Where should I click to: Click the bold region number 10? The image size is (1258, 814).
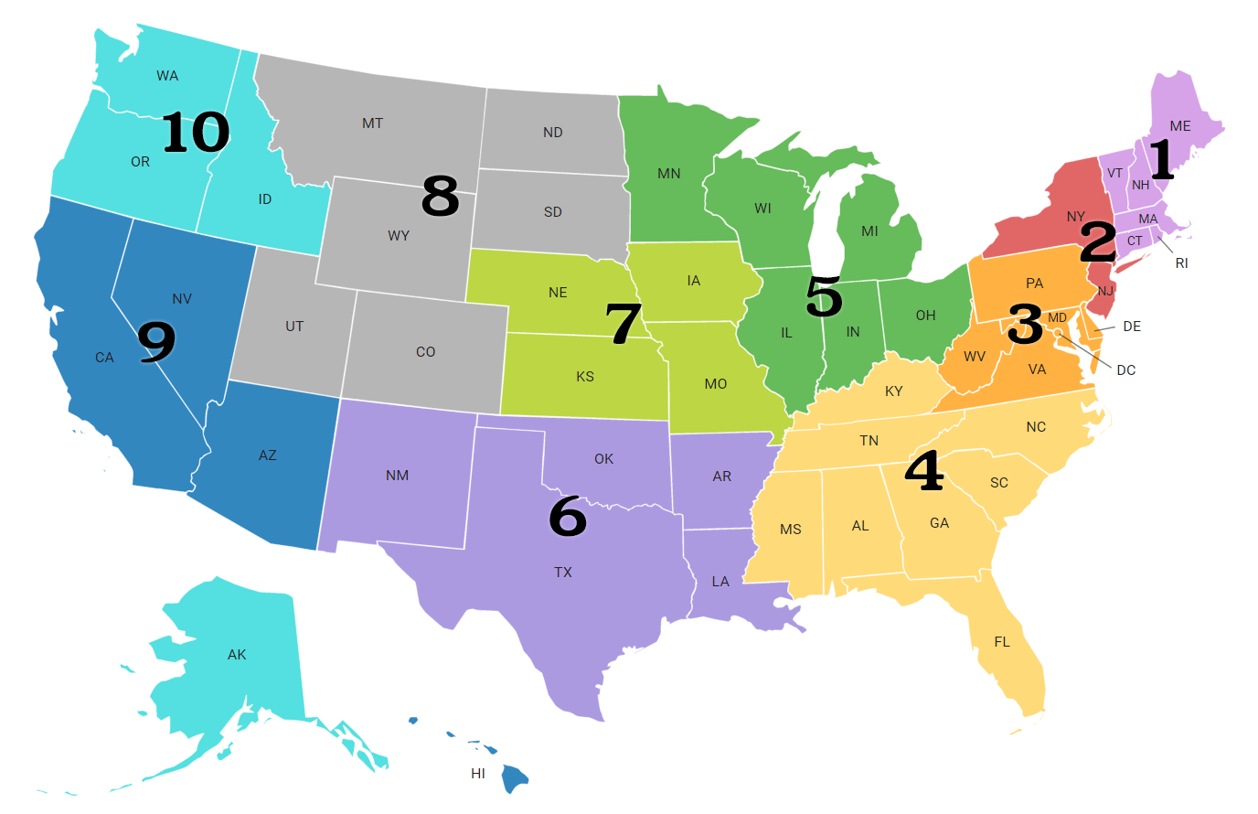click(x=196, y=133)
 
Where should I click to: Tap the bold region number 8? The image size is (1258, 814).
click(x=440, y=197)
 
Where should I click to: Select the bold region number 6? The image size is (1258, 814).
click(x=567, y=517)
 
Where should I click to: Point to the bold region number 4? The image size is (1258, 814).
click(x=924, y=472)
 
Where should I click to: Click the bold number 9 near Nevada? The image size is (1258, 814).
click(x=155, y=342)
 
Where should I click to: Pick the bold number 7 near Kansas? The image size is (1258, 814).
click(x=624, y=325)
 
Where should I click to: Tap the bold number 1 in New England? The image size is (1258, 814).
click(x=1160, y=160)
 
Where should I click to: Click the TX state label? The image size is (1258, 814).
click(x=563, y=573)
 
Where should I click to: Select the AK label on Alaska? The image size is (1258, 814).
click(x=237, y=655)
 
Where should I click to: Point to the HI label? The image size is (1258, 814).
click(x=477, y=774)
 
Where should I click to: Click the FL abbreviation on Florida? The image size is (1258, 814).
click(x=1002, y=642)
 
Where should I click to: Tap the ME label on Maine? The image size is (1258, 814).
click(x=1180, y=126)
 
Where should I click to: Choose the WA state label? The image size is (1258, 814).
click(x=167, y=76)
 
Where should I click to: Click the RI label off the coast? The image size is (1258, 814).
click(x=1181, y=263)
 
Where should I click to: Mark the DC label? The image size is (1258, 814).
click(x=1126, y=370)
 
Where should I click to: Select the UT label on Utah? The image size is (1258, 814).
click(x=294, y=327)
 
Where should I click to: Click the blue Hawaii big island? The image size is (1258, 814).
click(x=516, y=778)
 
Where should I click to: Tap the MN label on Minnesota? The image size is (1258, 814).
click(x=669, y=174)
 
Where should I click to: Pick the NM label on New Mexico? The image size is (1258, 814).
click(x=397, y=476)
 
